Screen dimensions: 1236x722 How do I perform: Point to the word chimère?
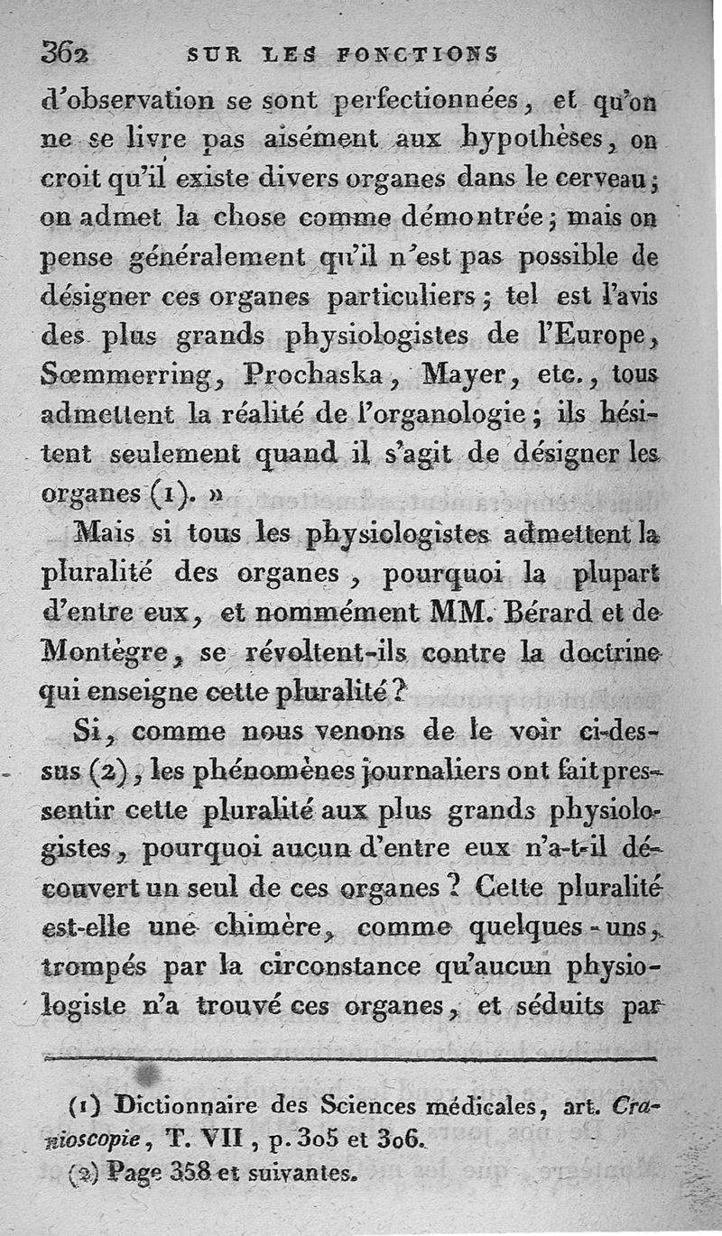260,926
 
